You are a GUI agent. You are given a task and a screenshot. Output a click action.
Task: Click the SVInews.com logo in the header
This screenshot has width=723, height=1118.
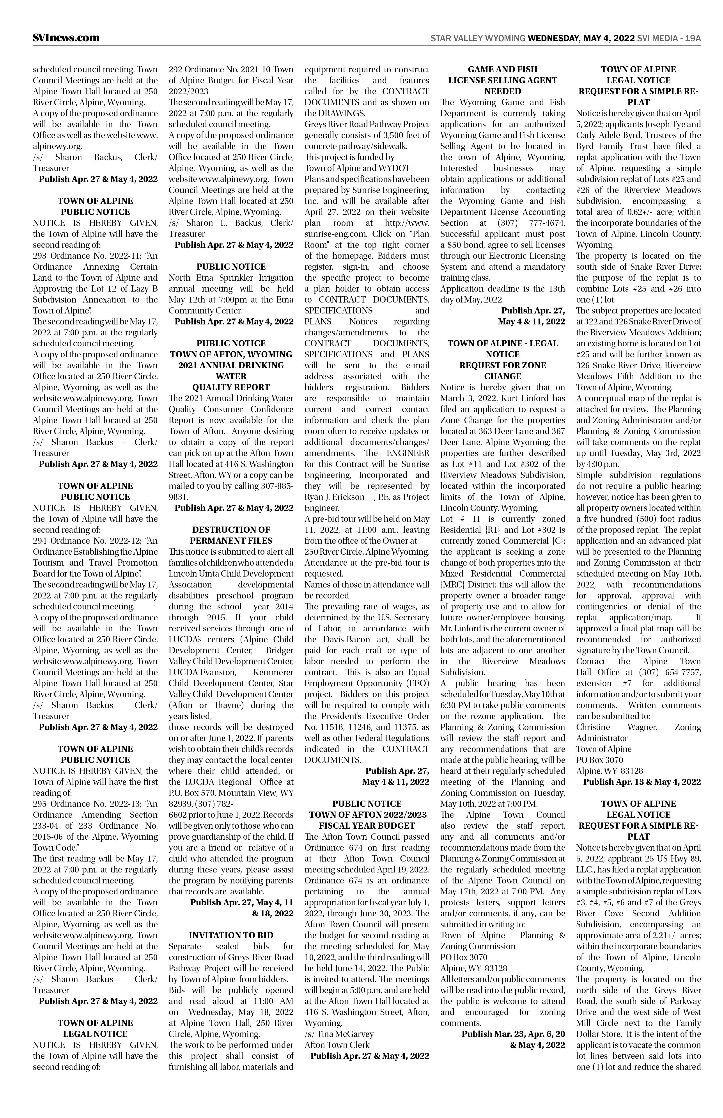(66, 37)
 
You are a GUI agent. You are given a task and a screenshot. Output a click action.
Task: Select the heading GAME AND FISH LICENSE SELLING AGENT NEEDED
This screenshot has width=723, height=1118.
(502, 80)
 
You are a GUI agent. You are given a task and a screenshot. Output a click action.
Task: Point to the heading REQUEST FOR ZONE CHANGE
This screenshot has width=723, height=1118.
(502, 371)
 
